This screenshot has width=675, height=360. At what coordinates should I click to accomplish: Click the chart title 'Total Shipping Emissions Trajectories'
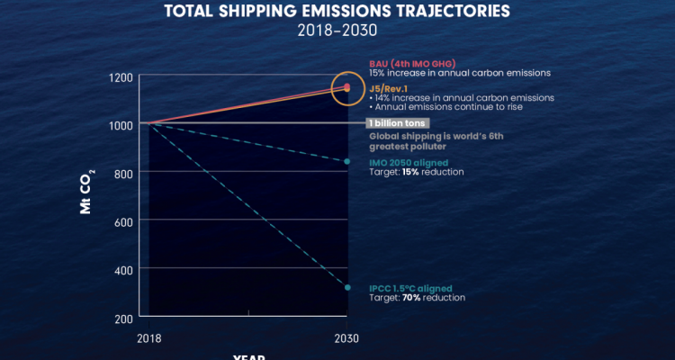337,12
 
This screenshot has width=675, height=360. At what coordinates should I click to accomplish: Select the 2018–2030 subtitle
337,30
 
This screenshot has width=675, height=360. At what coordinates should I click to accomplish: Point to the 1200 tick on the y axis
121,76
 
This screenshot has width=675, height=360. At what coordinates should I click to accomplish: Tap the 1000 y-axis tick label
121,124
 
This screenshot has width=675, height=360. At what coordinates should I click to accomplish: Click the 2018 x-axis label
149,338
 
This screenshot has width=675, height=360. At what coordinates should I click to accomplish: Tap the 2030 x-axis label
347,338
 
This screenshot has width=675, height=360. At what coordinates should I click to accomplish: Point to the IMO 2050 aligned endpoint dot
347,161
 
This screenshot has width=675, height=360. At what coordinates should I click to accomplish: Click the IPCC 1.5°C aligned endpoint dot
347,287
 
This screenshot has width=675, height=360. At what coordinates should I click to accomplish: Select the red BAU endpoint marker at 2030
347,86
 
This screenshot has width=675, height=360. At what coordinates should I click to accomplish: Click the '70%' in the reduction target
413,297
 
